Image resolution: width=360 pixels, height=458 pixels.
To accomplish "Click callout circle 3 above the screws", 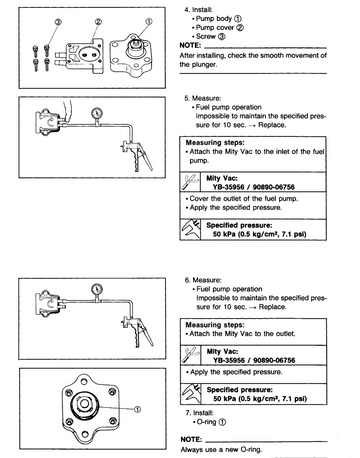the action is coord(58,22).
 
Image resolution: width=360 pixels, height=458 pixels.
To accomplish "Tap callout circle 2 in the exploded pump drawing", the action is coord(98,22).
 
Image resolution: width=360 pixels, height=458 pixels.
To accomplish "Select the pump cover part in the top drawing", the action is coord(84,56).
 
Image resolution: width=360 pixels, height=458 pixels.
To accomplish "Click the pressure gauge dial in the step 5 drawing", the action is coord(97,113).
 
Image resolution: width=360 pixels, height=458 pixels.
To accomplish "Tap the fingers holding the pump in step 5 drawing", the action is coord(67,111).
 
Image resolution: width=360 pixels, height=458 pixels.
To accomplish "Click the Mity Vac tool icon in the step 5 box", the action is coord(190,182).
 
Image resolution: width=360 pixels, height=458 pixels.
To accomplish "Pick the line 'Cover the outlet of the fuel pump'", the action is coord(244,199).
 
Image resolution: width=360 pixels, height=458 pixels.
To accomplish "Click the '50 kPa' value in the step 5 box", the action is coord(224,234).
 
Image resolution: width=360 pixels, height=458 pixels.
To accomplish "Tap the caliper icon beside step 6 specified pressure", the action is coord(191,394).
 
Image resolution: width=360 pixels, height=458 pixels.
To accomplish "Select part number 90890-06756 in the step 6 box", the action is coord(274,360).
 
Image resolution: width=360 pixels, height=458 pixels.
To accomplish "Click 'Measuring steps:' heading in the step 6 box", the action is coord(215,325).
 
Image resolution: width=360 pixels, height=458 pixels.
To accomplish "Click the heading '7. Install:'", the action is coord(199,413).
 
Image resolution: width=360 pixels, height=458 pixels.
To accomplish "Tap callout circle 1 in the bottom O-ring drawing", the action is coord(137,409).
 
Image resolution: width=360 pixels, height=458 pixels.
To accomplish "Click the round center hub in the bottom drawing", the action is coord(84,404).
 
